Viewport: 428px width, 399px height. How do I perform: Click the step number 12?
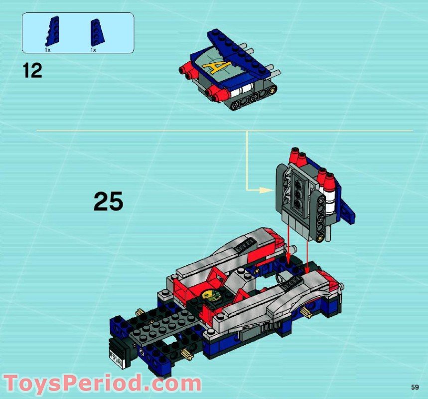point(32,70)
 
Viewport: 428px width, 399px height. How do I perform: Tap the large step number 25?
point(108,202)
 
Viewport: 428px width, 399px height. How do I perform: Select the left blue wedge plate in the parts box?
point(52,31)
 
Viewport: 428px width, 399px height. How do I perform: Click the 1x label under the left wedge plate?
point(48,50)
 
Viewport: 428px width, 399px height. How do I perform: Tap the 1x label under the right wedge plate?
point(93,50)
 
